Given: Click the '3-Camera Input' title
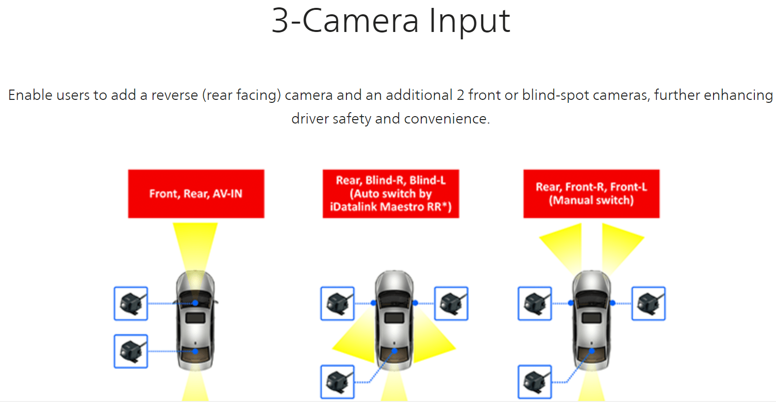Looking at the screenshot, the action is [391, 21].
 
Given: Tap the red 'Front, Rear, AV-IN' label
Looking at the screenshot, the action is [196, 194].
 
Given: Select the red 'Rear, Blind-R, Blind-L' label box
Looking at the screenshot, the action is [391, 194].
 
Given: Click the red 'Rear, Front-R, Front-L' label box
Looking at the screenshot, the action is [591, 194].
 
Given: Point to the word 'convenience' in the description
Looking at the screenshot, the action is [446, 119].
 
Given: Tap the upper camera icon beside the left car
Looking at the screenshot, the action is [131, 304].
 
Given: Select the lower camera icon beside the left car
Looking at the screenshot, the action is [131, 351].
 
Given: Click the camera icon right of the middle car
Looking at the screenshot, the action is [451, 304].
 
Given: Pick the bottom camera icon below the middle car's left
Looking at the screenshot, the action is [338, 382].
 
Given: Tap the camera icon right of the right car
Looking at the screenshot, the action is [649, 304].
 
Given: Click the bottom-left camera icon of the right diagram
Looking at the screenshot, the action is [535, 382].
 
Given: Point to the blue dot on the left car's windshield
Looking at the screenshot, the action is [195, 303].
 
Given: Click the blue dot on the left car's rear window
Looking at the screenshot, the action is [195, 351].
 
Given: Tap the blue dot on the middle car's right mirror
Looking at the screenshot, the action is [415, 303].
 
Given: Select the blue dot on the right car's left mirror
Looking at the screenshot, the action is [571, 303].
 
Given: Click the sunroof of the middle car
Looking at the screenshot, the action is [394, 318].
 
